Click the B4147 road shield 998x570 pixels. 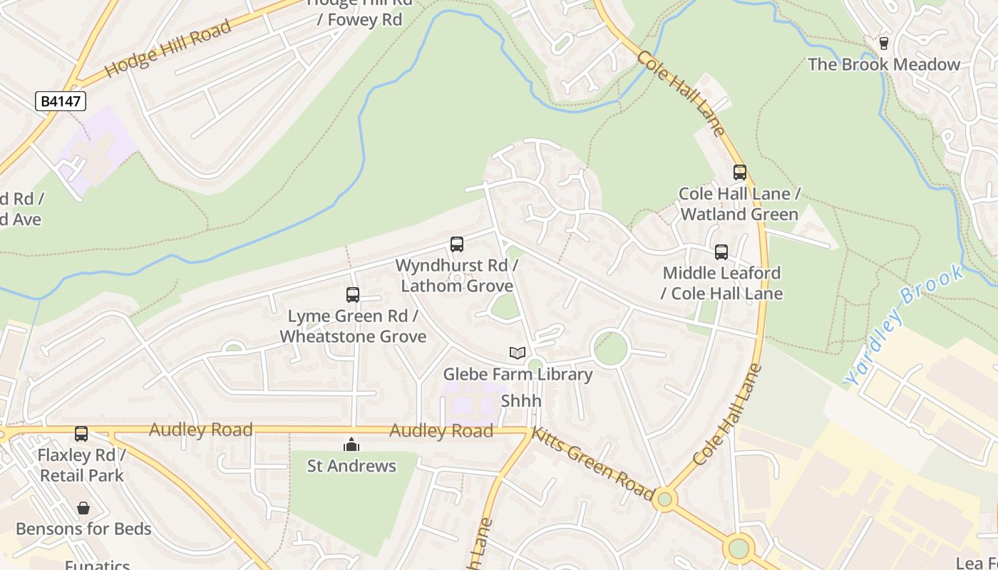click(61, 101)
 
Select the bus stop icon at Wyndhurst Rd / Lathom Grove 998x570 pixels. click(457, 244)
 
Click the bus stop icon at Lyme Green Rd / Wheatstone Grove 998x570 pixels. click(353, 295)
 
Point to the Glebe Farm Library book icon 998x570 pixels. click(518, 353)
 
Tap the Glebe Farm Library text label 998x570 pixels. click(518, 374)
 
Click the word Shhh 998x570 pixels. click(521, 401)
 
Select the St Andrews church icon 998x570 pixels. click(351, 445)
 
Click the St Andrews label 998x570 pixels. click(351, 466)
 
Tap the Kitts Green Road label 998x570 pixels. click(593, 464)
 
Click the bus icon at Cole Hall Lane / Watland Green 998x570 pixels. click(740, 172)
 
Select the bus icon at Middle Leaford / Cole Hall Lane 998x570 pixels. click(721, 252)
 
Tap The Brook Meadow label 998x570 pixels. click(884, 65)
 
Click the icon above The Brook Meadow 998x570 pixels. click(884, 43)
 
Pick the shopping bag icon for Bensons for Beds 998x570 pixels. click(83, 508)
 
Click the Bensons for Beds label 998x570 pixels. click(83, 529)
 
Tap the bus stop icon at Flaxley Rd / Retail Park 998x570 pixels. click(81, 434)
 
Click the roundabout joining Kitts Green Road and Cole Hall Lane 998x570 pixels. click(665, 499)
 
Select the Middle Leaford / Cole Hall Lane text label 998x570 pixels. click(721, 283)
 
